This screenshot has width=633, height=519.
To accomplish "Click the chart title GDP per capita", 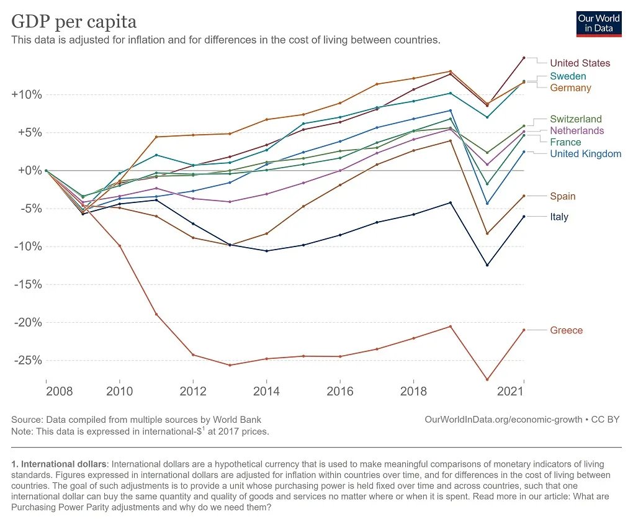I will pos(74,22).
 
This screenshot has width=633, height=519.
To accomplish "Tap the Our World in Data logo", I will pos(599,23).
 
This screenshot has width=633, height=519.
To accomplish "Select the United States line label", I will pos(580,63).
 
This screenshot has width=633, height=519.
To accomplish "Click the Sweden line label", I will pos(568,76).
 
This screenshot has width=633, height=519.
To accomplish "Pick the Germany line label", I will pos(570,88).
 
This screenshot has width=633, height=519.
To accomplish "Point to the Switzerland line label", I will pos(576,119).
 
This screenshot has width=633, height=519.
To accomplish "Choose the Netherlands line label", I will pos(577,131).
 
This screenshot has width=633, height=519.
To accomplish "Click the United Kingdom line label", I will pos(585,154).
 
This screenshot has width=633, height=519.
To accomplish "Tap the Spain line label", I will pos(562,197).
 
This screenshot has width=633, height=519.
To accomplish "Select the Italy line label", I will pos(559,217).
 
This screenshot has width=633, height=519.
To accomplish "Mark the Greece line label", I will pos(566,330).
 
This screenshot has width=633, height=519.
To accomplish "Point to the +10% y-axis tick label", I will pos(27,95).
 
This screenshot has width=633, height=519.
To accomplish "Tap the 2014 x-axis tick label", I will pos(267,392).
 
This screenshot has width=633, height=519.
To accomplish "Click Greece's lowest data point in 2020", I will pos(487,380).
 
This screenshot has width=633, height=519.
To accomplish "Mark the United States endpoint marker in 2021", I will pos(524,58).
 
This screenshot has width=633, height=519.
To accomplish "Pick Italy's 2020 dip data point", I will pos(487,265).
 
